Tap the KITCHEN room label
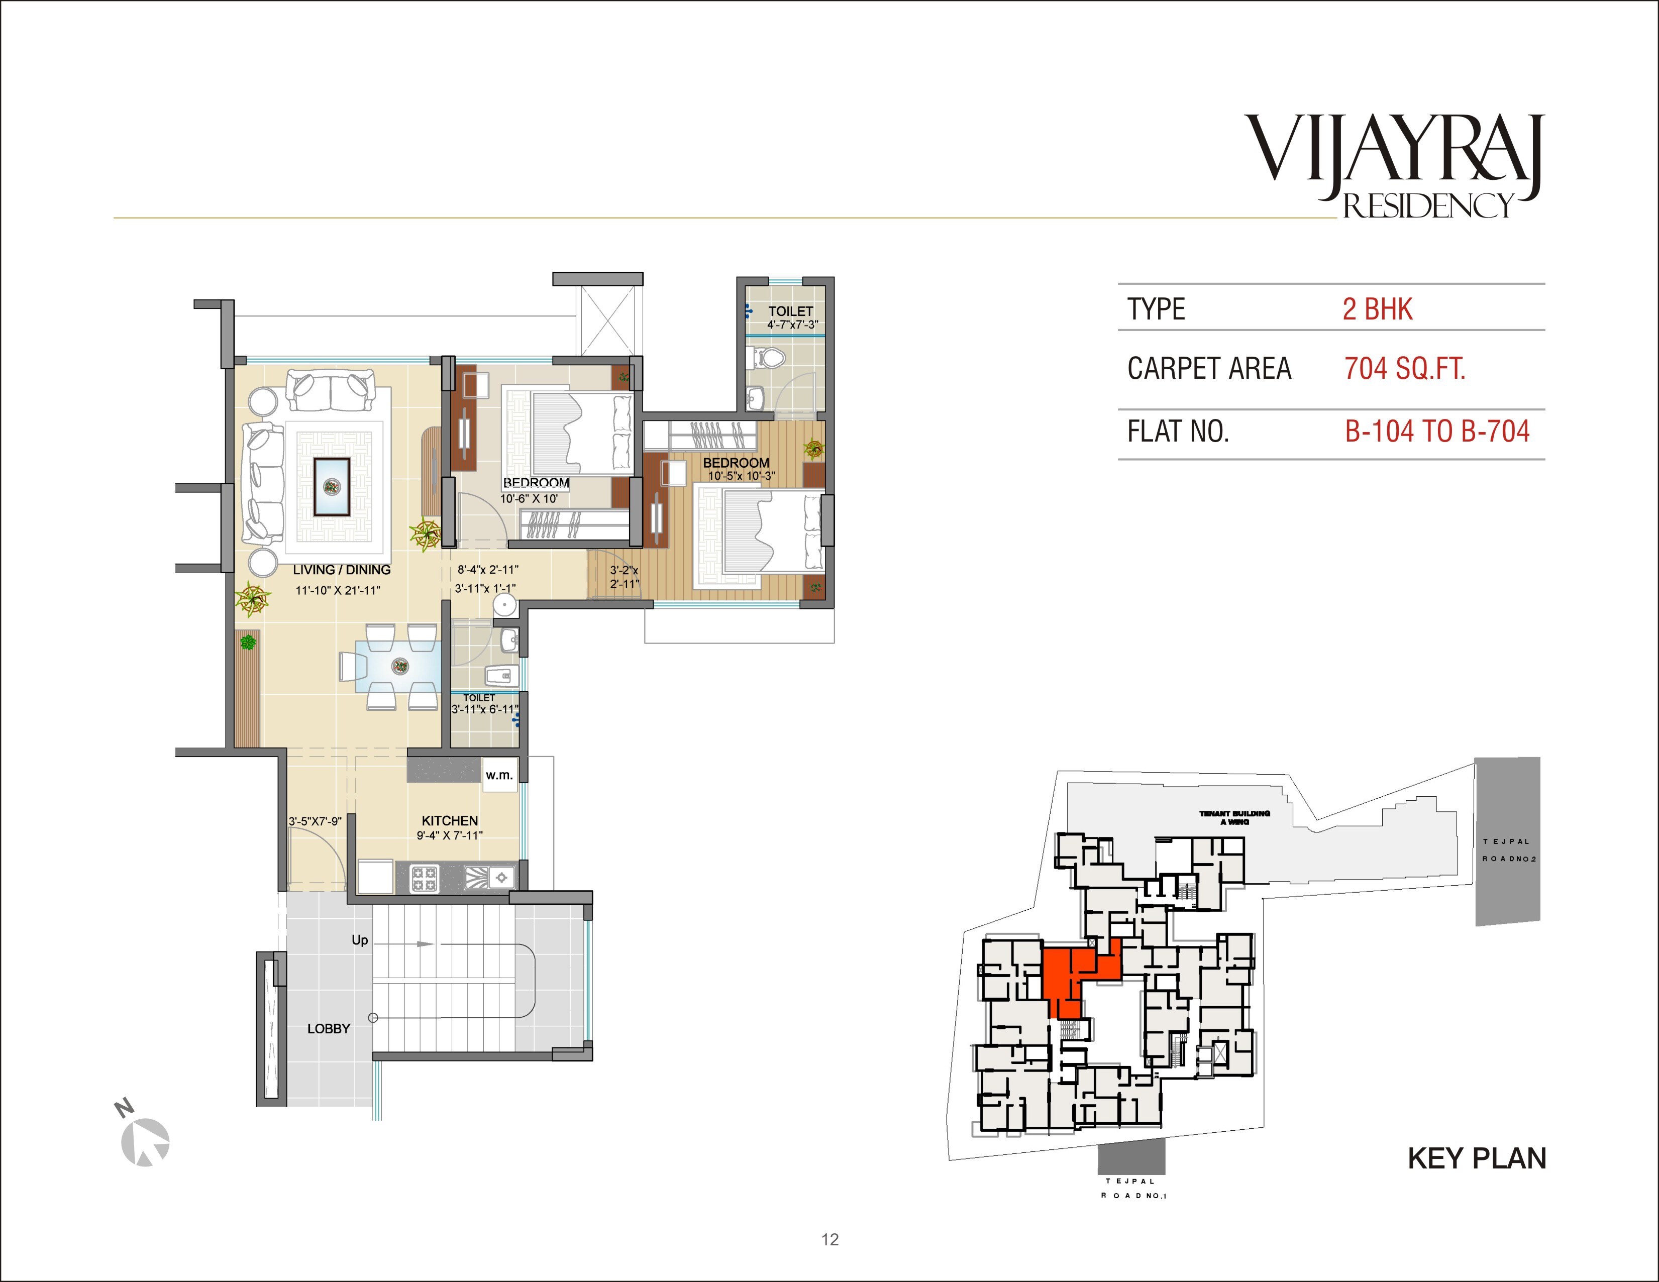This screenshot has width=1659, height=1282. (x=450, y=821)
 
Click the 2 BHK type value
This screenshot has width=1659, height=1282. (x=1377, y=309)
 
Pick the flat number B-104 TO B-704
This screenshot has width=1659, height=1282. (x=1436, y=432)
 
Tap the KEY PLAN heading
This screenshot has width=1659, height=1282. (x=1477, y=1158)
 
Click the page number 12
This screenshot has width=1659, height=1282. (x=829, y=1239)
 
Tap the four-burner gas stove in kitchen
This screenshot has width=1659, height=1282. (x=424, y=879)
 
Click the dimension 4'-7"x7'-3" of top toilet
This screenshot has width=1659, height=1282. (x=792, y=325)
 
